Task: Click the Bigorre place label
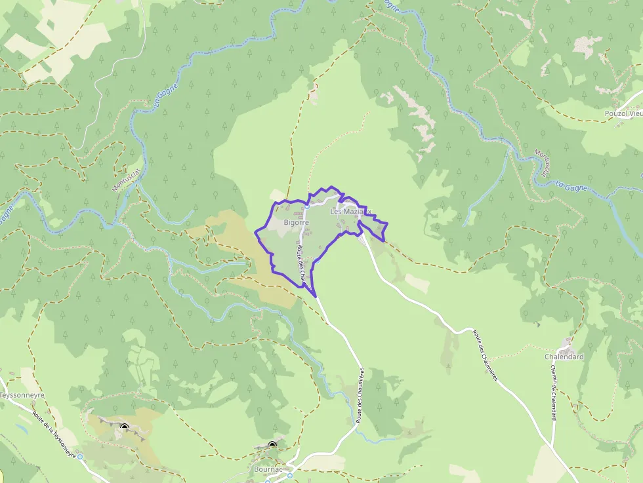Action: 297,223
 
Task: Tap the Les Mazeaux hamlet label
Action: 351,212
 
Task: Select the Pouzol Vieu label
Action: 623,113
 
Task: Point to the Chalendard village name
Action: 564,357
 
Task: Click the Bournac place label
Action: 267,470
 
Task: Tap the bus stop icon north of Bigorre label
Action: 306,206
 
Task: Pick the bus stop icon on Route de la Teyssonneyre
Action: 80,456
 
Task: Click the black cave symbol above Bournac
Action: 272,445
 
